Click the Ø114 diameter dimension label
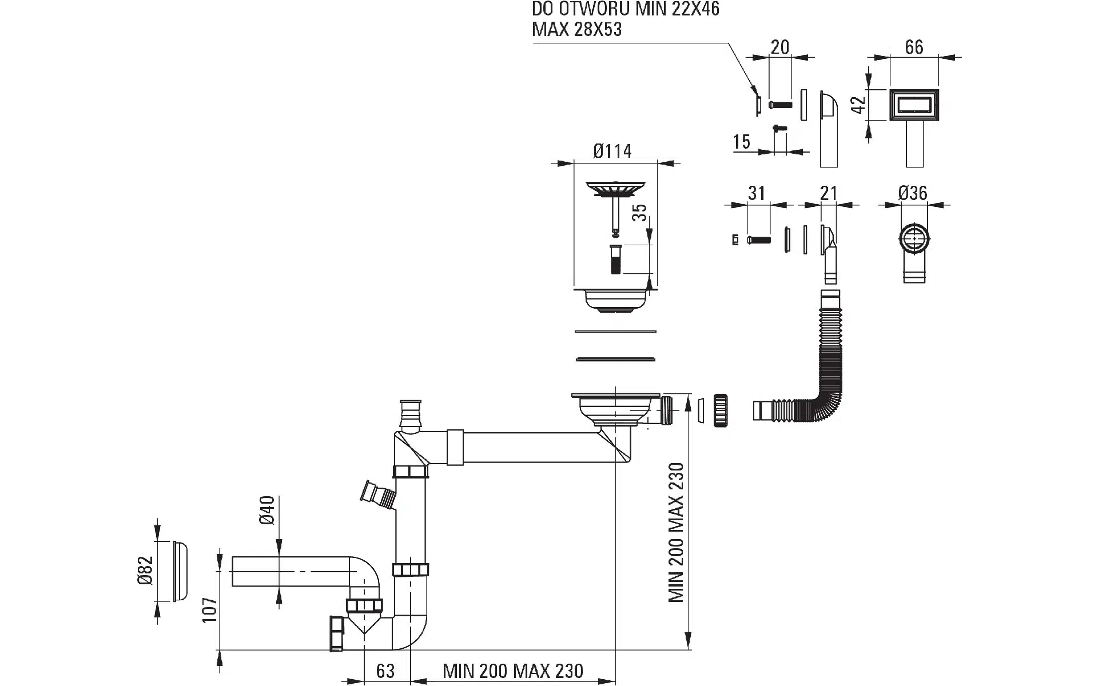point(612,151)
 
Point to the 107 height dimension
point(210,609)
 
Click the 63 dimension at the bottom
point(385,671)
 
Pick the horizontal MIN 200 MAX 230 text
point(513,671)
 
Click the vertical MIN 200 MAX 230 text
point(676,532)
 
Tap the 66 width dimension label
point(914,47)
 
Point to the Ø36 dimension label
point(913,193)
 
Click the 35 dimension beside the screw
point(641,213)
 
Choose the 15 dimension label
point(742,142)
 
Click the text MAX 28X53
point(576,29)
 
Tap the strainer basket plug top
point(615,189)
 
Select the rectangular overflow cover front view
point(914,106)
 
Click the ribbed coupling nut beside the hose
point(720,410)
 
